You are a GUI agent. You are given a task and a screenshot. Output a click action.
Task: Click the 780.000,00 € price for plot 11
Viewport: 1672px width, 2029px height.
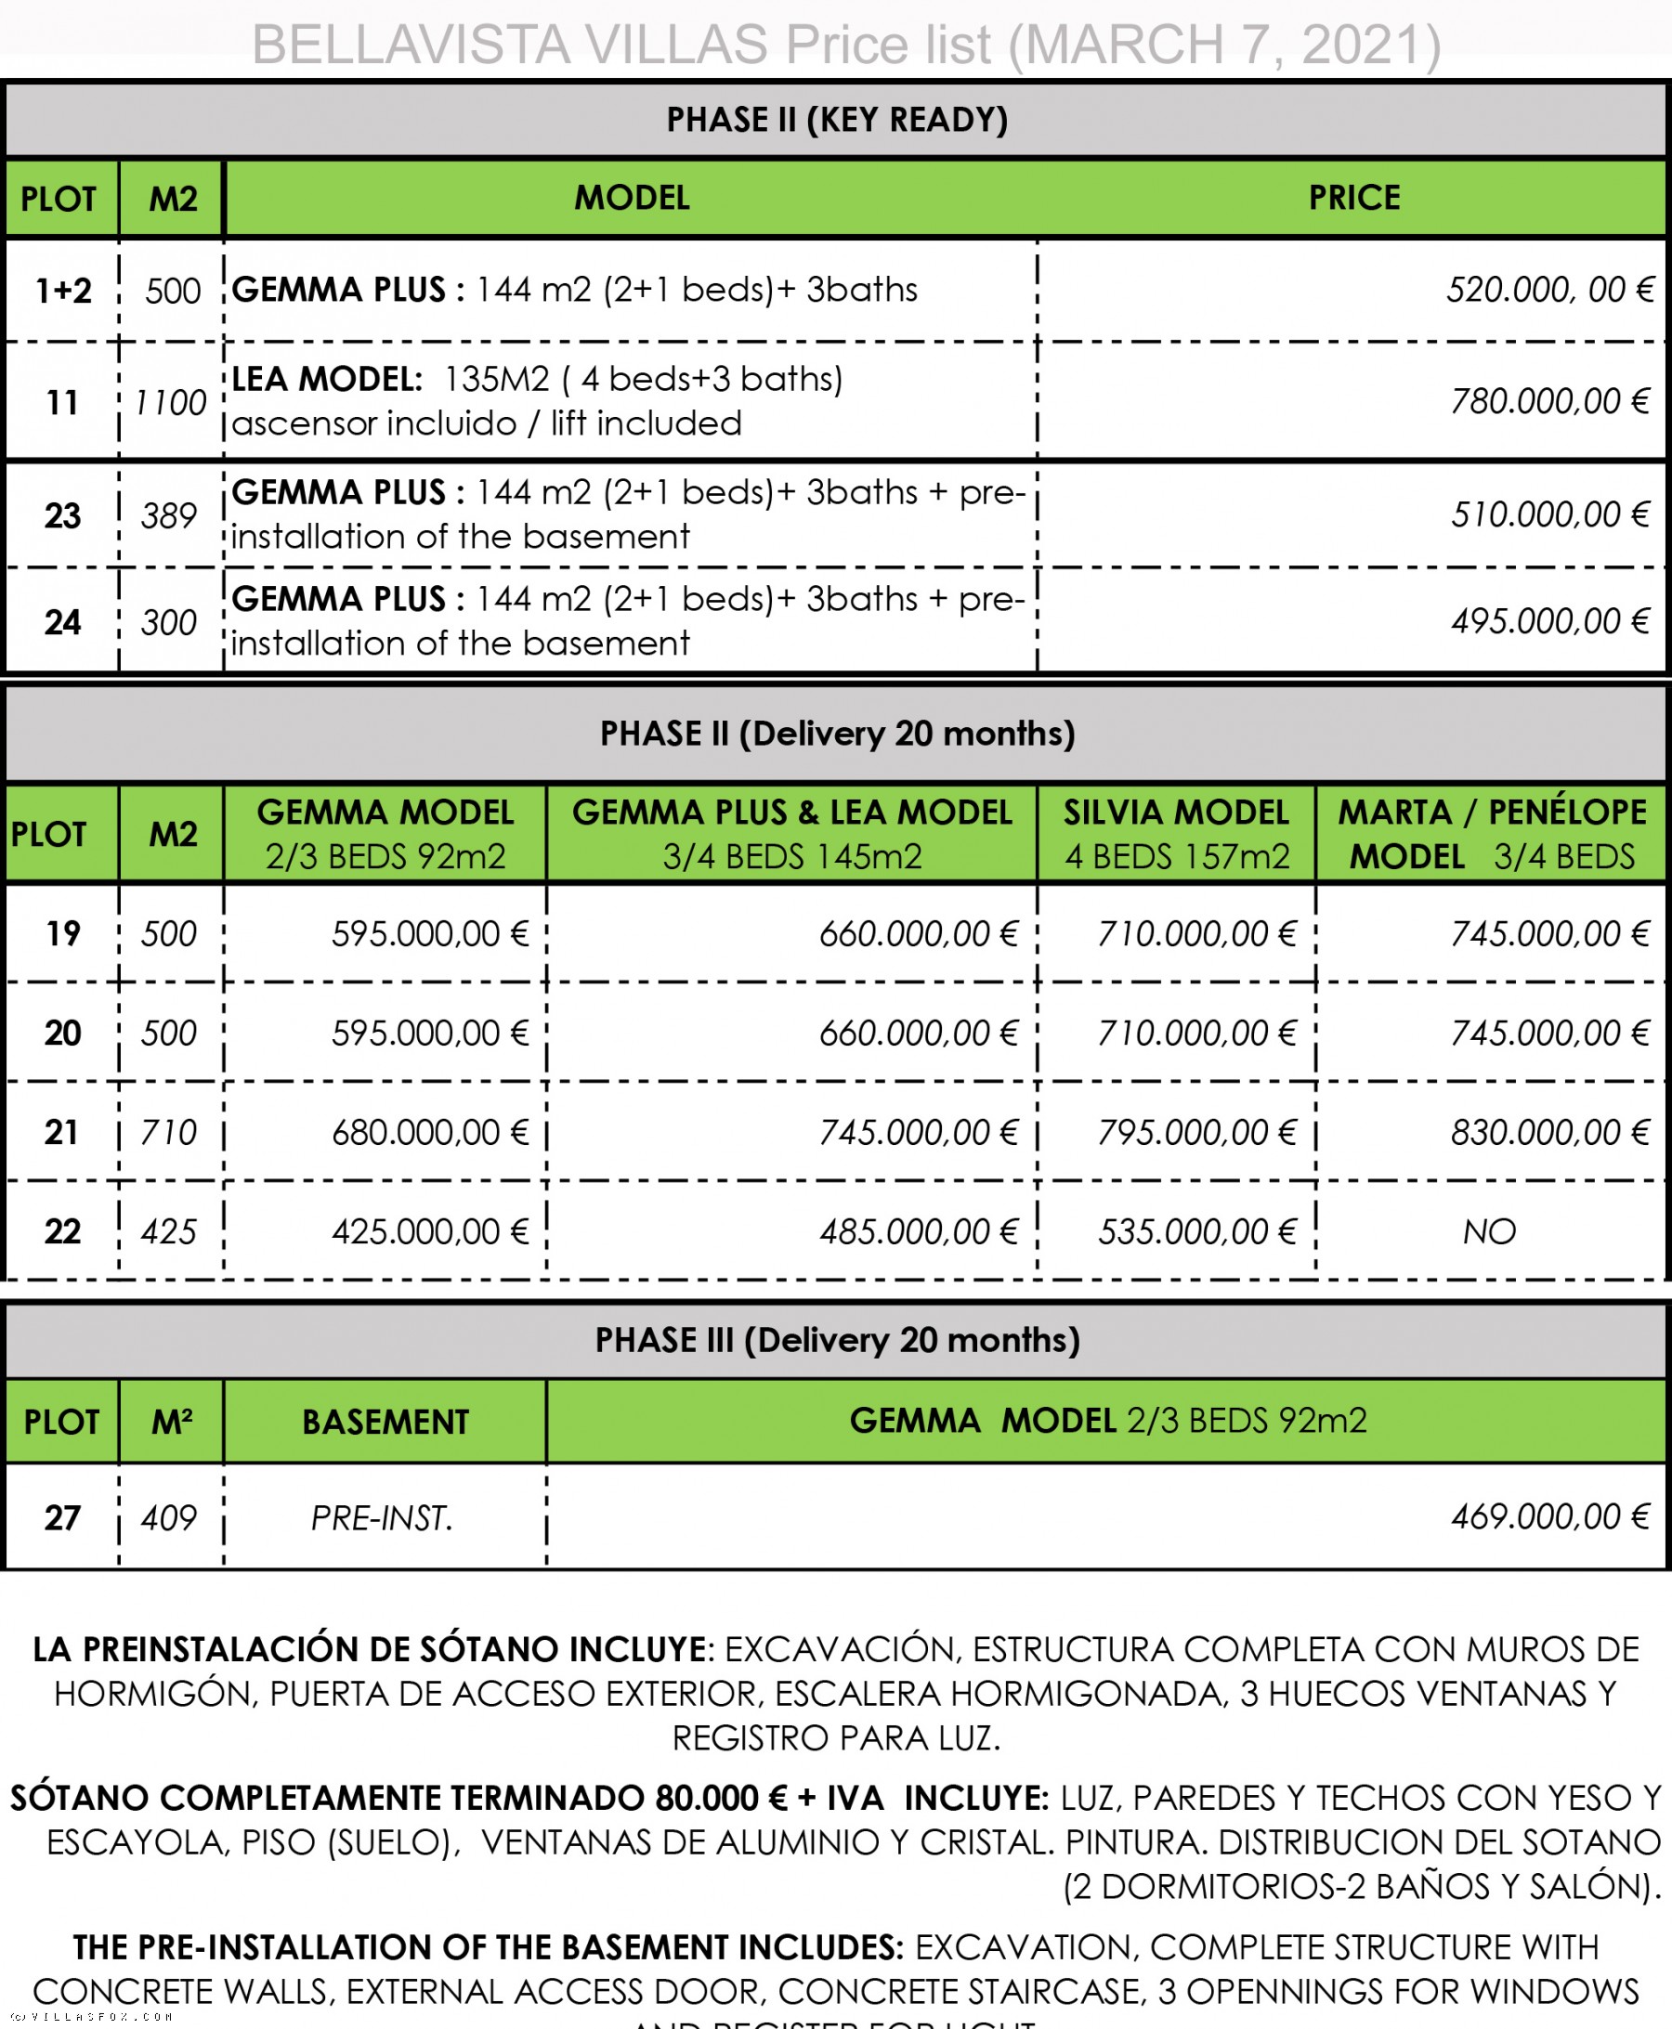(1549, 401)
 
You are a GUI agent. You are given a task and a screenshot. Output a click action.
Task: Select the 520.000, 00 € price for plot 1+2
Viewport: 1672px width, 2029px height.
(1549, 290)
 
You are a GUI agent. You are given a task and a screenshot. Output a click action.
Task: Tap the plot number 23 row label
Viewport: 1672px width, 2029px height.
(62, 516)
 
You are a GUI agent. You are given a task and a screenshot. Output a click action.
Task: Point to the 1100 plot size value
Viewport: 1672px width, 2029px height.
(171, 402)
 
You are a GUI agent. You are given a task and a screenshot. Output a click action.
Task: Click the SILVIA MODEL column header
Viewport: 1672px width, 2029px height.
(1176, 834)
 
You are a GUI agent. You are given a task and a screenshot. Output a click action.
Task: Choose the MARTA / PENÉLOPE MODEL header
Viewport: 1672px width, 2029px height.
(1492, 834)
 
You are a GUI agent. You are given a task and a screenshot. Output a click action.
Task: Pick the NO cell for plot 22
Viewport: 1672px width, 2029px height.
(1489, 1231)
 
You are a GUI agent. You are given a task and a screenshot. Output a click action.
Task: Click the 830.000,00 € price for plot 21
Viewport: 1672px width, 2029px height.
(1549, 1133)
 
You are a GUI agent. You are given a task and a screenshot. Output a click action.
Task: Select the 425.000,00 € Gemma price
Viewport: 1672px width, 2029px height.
(429, 1231)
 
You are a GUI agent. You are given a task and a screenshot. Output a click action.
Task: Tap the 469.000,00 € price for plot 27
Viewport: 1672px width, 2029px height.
(1549, 1516)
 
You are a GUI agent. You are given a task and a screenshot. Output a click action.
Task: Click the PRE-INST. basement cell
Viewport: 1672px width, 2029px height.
(383, 1518)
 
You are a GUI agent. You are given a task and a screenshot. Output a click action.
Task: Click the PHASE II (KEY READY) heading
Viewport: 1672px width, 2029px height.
(837, 120)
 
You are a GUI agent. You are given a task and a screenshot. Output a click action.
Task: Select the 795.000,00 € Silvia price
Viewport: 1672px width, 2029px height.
(1196, 1133)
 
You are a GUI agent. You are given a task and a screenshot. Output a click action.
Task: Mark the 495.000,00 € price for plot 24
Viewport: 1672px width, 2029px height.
(1549, 621)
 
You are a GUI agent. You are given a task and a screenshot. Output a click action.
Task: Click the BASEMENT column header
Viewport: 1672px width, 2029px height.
(385, 1423)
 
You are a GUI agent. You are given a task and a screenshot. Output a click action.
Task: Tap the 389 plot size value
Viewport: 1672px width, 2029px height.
(168, 516)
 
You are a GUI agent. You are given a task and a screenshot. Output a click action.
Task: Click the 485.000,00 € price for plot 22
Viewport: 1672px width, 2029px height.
(918, 1231)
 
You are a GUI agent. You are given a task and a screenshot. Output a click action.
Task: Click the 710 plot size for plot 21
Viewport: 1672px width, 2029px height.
(168, 1133)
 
